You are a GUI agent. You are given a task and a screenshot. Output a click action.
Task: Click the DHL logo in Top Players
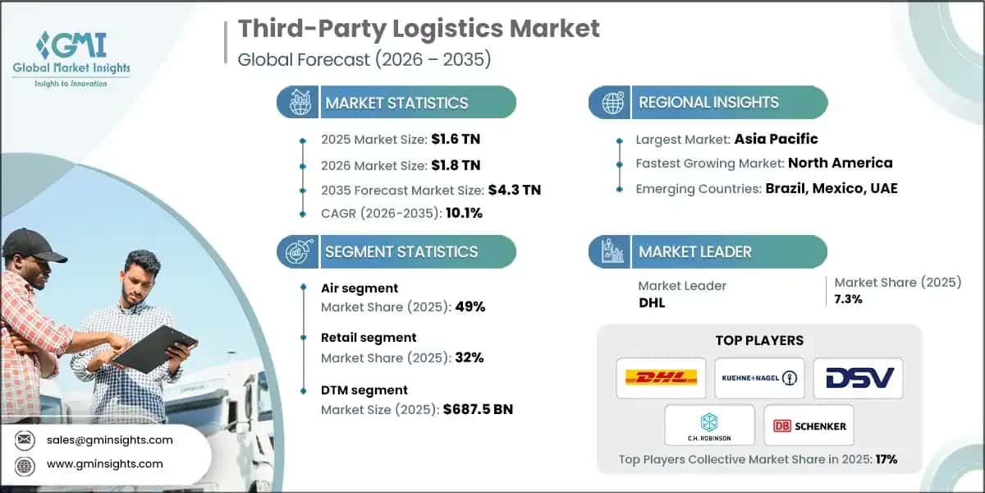661,378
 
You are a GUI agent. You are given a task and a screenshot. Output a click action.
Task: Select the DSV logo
858,378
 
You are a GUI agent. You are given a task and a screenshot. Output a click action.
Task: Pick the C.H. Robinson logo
709,425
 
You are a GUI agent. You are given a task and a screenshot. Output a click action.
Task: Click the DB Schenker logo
809,426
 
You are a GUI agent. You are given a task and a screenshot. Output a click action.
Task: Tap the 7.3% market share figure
848,299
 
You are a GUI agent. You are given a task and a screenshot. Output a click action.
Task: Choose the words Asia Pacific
776,139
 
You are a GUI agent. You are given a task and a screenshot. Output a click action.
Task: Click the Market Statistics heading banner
396,103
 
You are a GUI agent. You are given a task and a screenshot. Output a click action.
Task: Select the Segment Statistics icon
299,251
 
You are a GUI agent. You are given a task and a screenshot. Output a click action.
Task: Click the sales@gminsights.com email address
109,440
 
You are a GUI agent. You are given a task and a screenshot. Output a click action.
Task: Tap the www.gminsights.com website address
104,463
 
